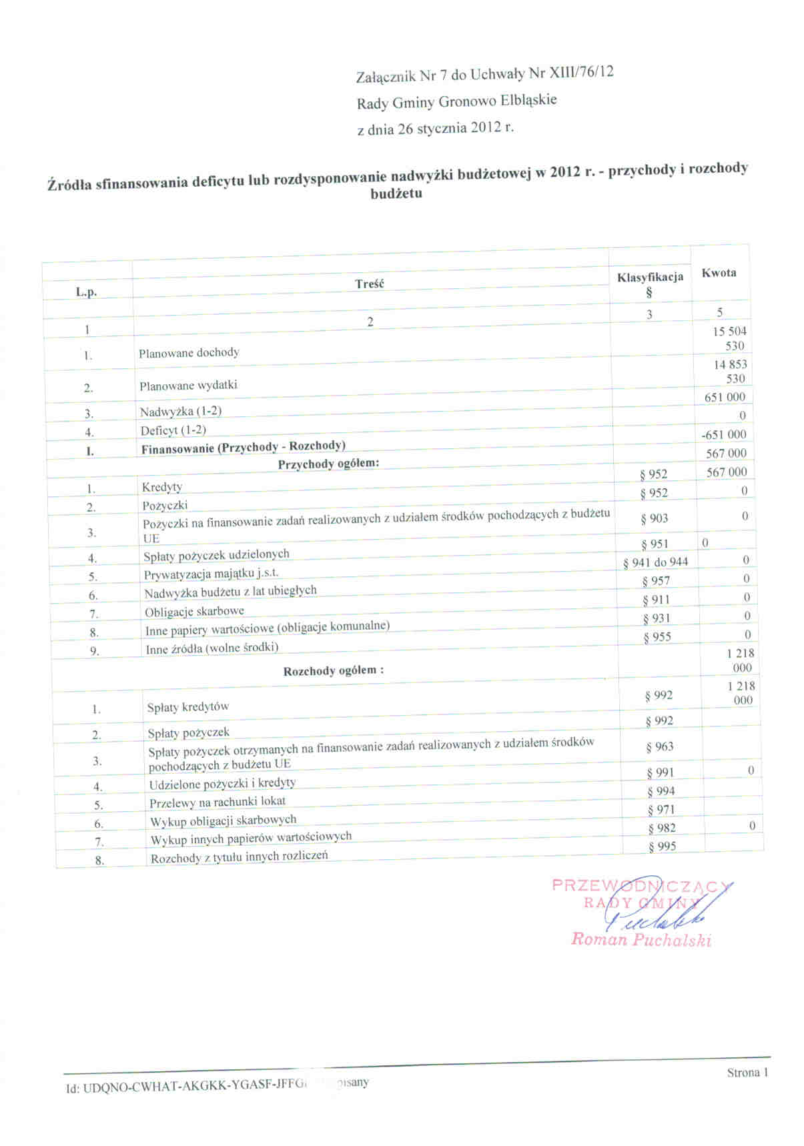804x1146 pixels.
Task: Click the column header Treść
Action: click(370, 283)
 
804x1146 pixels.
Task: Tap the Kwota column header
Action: click(719, 272)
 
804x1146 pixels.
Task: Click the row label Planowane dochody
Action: click(189, 352)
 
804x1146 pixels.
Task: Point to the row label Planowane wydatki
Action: click(188, 385)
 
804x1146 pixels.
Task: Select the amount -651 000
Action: click(724, 434)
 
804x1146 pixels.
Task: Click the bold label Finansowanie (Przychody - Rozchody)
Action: click(243, 447)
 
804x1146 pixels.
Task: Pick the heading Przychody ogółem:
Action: click(328, 464)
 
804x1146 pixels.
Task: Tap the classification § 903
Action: click(654, 518)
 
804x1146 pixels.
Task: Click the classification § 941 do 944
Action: click(655, 562)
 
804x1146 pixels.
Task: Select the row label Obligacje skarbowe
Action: click(194, 611)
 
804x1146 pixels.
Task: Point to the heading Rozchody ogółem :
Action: click(334, 670)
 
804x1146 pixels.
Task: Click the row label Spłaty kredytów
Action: click(188, 706)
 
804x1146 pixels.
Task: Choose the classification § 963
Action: click(659, 746)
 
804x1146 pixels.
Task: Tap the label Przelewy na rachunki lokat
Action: click(218, 801)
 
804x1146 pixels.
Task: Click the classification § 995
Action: click(662, 846)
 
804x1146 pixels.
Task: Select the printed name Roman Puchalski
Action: click(641, 940)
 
